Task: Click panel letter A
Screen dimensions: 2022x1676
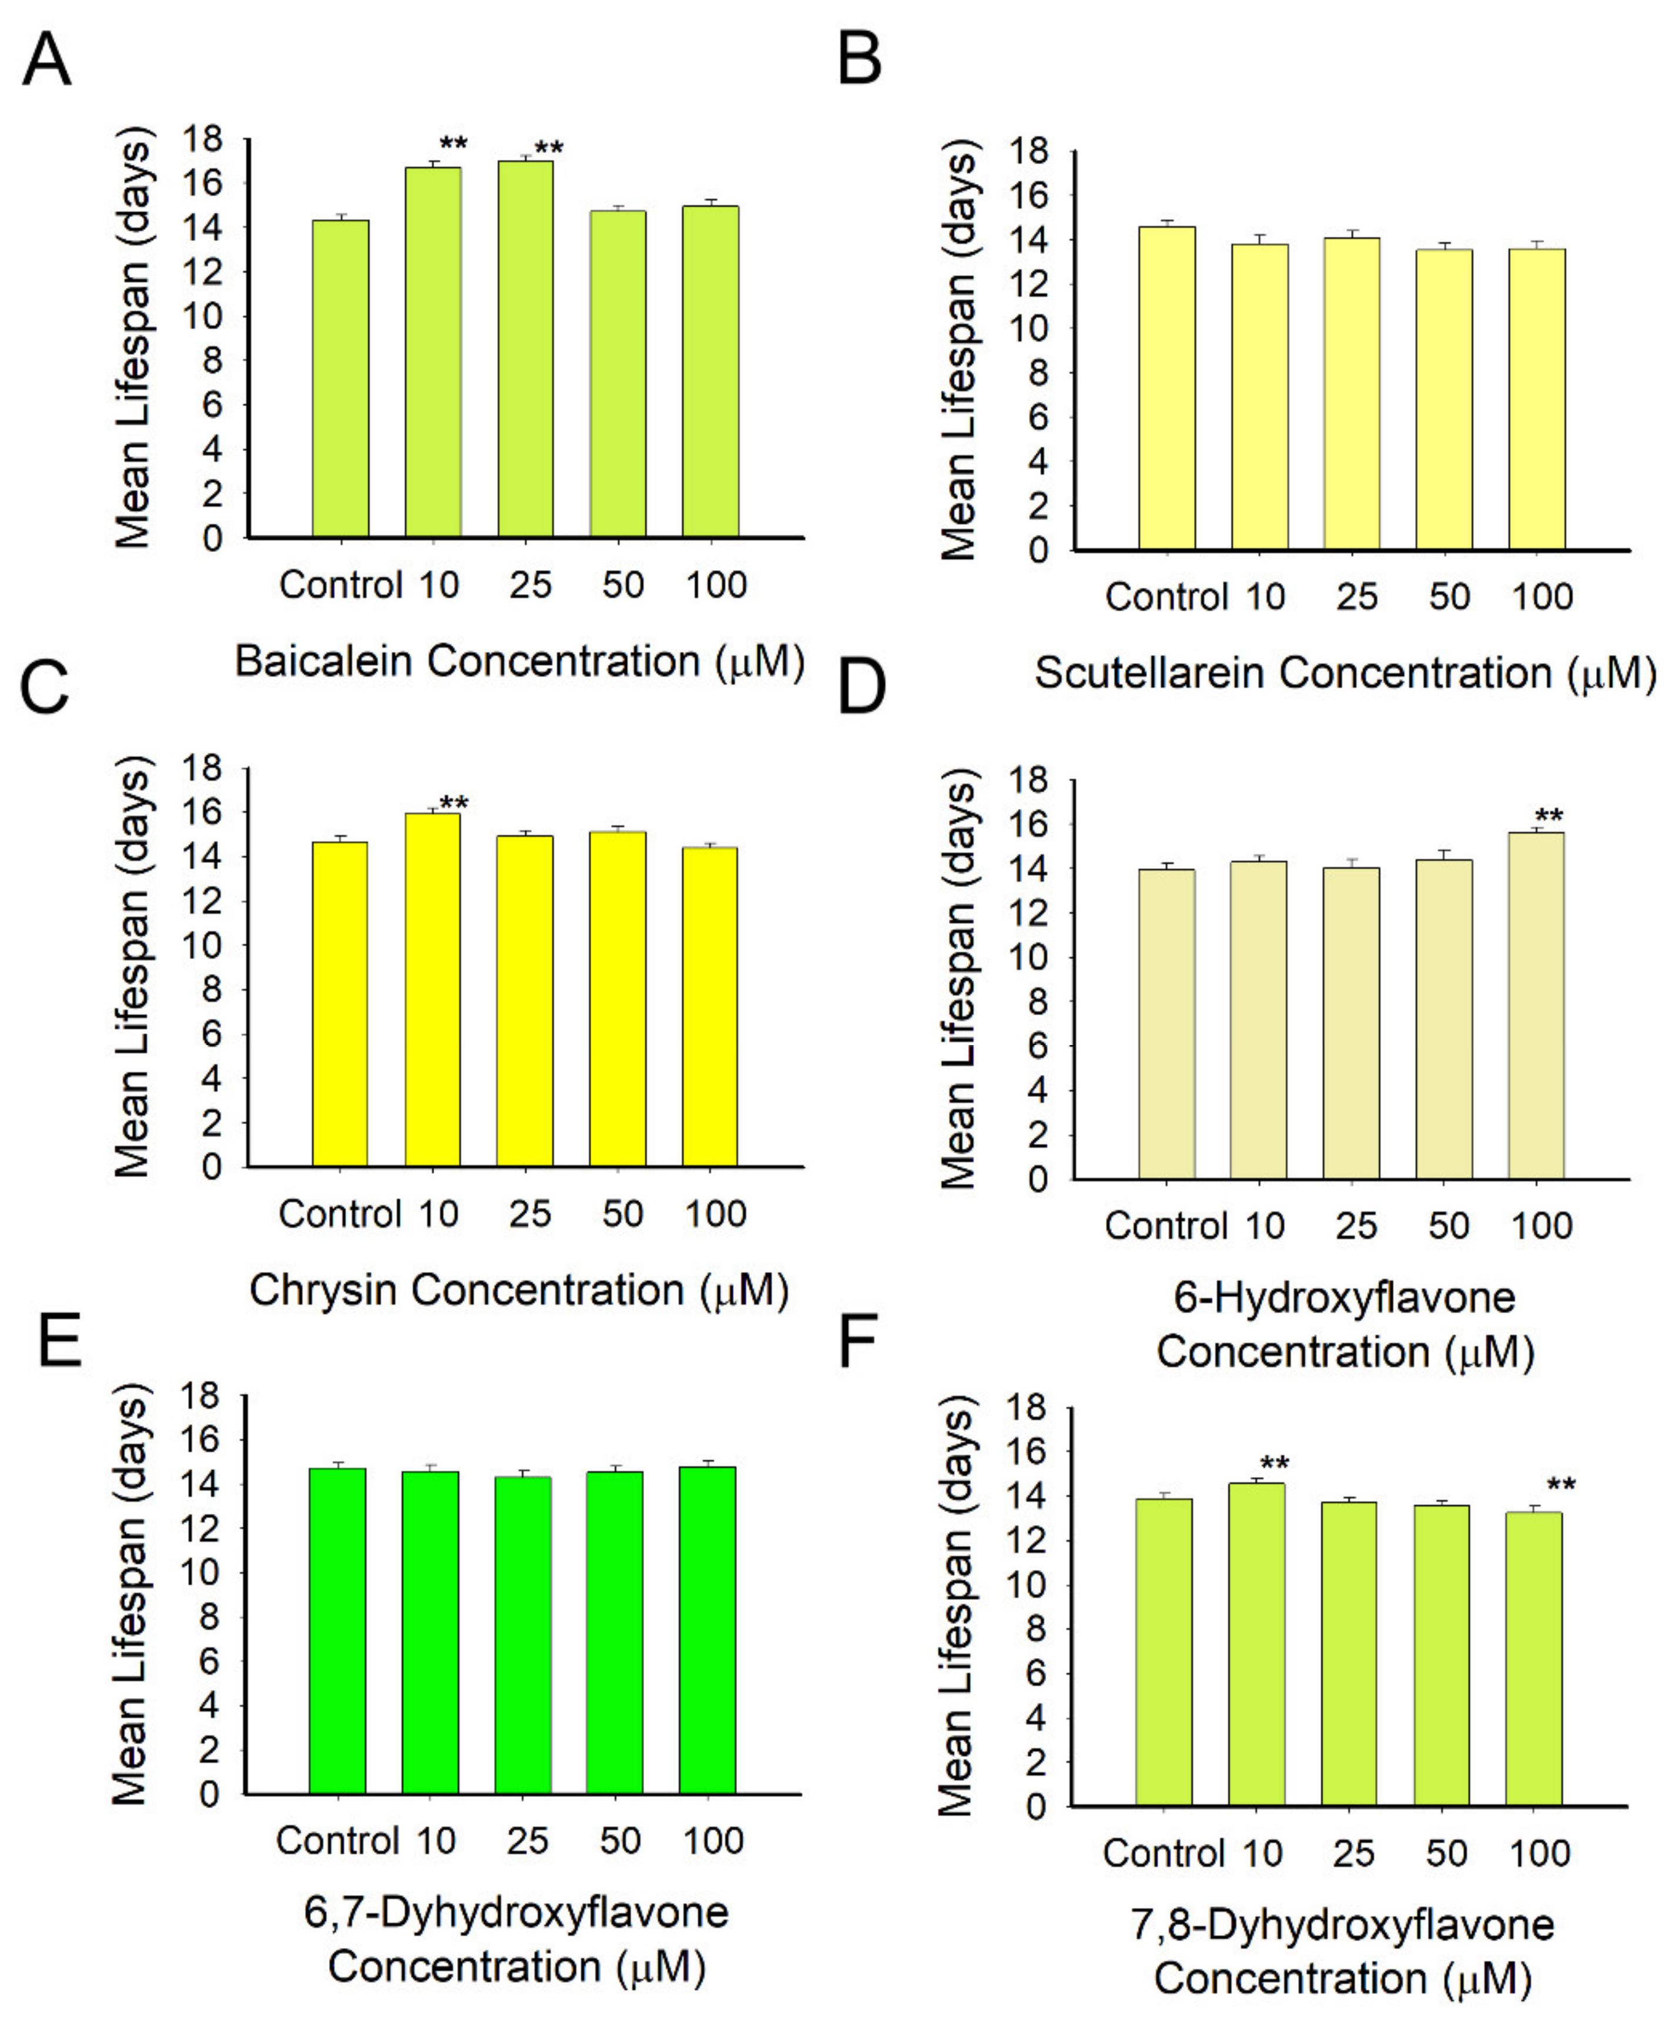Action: [46, 60]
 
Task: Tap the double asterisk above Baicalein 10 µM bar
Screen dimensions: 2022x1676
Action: [452, 145]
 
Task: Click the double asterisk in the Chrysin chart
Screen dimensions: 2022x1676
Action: [454, 803]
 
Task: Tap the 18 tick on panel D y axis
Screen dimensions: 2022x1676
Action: [1027, 780]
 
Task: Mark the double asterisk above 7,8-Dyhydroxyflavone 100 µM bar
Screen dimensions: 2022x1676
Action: [1560, 1486]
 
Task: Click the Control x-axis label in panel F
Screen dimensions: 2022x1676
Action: [1163, 1853]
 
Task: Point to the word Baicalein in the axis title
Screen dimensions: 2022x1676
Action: [323, 661]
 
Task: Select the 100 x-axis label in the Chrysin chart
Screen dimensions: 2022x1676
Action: [715, 1214]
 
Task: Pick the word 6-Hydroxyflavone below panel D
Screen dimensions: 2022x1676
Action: [1344, 1298]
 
